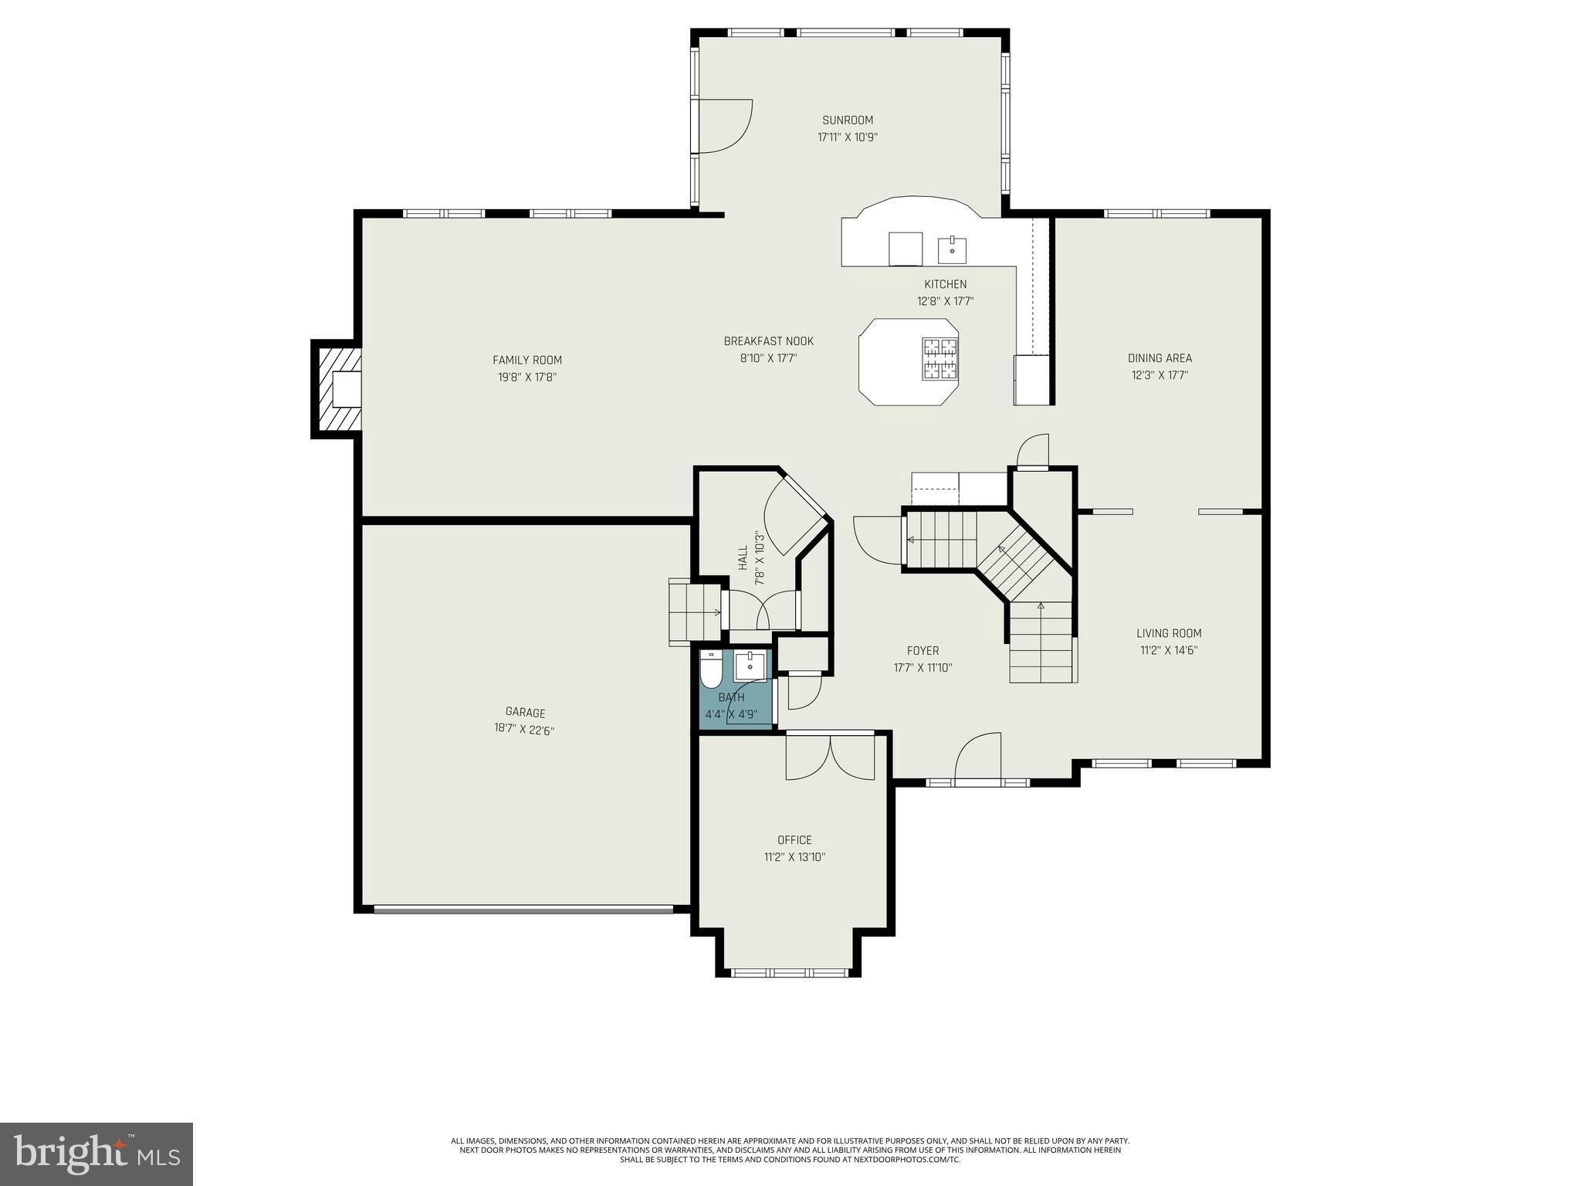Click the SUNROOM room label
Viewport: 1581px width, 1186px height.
pos(848,120)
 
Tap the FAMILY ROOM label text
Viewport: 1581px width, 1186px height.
pos(527,360)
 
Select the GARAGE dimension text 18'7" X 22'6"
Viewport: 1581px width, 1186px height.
pos(524,730)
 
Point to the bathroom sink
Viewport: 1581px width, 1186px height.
pos(750,666)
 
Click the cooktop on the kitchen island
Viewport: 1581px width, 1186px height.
pos(939,359)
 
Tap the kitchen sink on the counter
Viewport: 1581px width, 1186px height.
pos(952,250)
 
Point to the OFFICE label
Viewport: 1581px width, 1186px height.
pos(794,840)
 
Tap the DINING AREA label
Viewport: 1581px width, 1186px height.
pos(1160,358)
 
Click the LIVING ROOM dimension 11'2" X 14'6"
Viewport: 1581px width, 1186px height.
pos(1169,650)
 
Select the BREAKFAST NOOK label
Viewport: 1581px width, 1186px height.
pos(768,341)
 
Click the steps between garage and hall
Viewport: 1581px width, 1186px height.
pos(694,612)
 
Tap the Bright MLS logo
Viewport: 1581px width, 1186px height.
pos(96,1154)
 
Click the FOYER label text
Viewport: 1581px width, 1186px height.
pos(923,651)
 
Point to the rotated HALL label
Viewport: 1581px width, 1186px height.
pos(743,557)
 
